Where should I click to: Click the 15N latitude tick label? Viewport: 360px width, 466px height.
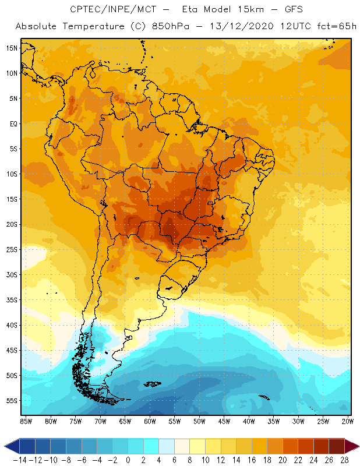[x=12, y=48]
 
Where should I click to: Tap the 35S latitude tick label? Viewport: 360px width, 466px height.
[x=12, y=300]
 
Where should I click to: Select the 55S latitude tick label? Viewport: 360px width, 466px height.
[x=12, y=401]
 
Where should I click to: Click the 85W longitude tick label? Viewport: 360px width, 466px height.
[x=26, y=421]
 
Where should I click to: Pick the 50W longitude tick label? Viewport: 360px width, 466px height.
[x=200, y=421]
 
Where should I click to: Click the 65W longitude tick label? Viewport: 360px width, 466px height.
[x=125, y=421]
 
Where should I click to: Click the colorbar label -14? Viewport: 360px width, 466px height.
[x=20, y=460]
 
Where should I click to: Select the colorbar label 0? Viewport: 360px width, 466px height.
[x=128, y=460]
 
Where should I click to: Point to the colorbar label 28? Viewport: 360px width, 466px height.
[x=344, y=460]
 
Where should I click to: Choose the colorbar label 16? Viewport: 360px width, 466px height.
[x=251, y=460]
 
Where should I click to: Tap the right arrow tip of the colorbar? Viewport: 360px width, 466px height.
[x=357, y=446]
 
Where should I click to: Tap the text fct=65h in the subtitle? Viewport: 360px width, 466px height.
[x=330, y=27]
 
